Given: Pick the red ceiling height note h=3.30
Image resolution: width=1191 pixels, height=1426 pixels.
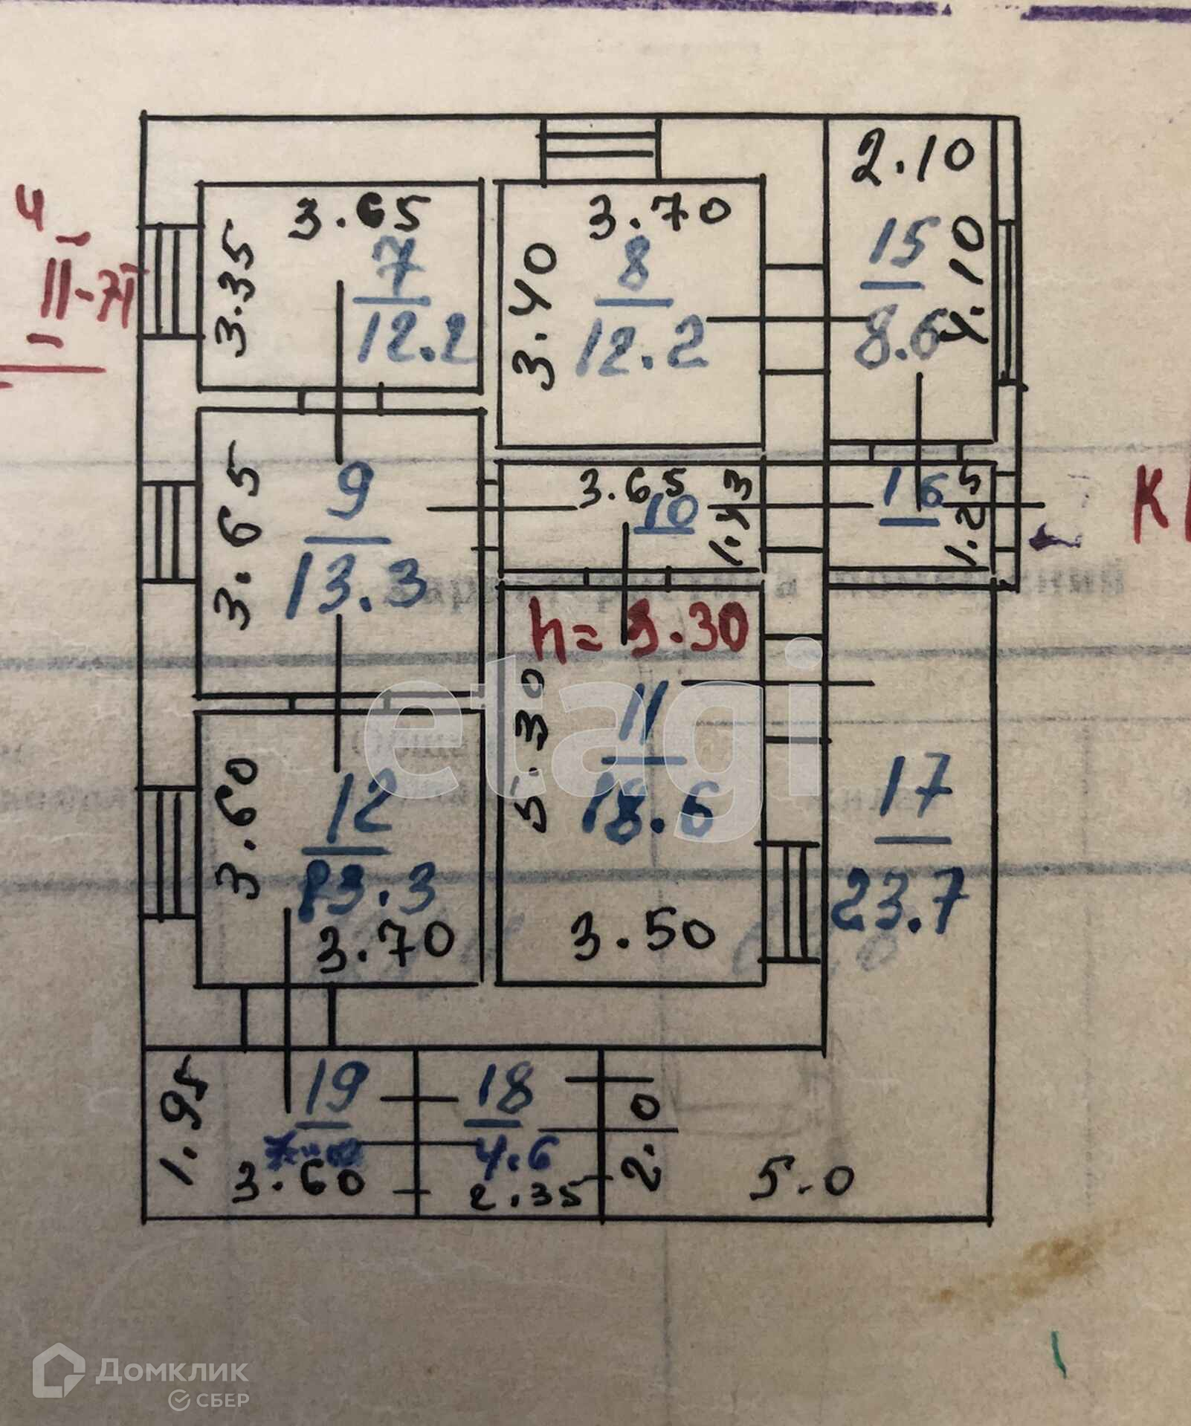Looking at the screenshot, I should click(x=637, y=630).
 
